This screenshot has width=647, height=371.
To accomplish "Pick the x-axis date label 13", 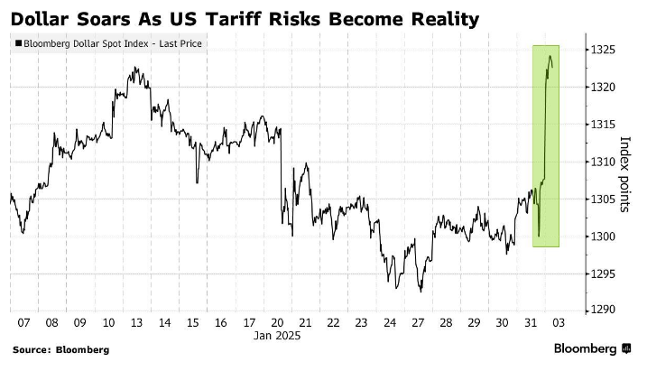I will tap(136, 322).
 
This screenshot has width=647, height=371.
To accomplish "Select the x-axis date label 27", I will tap(418, 322).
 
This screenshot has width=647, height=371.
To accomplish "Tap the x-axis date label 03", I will tap(559, 322).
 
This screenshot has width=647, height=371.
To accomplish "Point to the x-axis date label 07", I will tap(23, 322).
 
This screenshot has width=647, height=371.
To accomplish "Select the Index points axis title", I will tap(624, 174).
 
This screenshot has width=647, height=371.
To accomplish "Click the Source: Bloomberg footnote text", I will tap(61, 349).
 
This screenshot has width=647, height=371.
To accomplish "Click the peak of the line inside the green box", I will tap(550, 57).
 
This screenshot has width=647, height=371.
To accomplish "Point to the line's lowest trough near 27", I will tap(421, 292).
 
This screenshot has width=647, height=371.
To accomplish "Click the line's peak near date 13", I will tap(134, 68).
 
